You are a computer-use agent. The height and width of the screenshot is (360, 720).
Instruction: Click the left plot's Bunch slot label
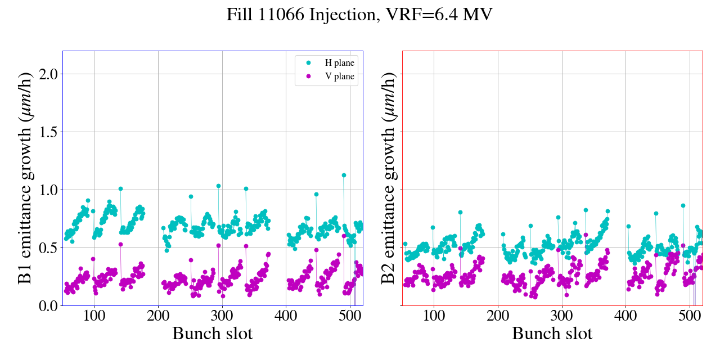click(x=212, y=334)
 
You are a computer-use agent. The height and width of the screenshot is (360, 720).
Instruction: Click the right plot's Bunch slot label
click(x=552, y=334)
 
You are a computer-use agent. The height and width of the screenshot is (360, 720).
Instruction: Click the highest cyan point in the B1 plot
click(x=344, y=175)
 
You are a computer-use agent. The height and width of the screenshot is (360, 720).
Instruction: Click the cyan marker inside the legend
click(x=308, y=63)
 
